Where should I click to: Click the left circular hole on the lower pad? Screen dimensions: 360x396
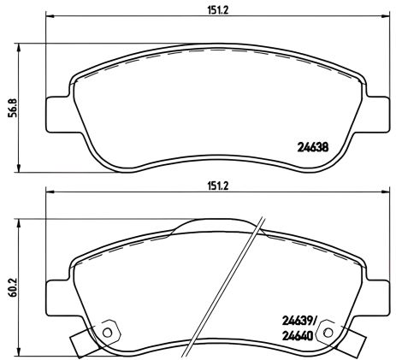coord(108,330)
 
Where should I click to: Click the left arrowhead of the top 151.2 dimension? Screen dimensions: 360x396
coord(49,16)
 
